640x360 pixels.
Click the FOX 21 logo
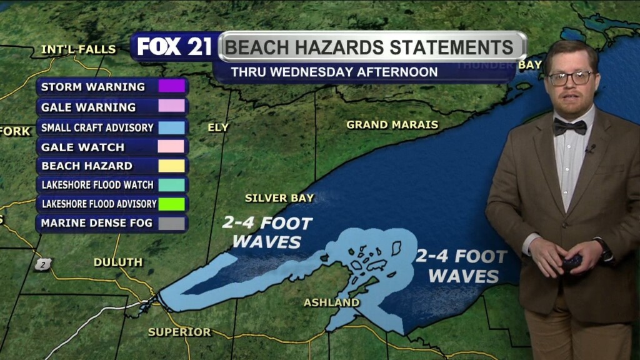coord(174,47)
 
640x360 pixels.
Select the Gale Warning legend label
coord(88,107)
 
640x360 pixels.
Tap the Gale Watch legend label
coord(82,147)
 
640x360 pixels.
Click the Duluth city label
coord(118,262)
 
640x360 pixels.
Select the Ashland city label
coord(331,302)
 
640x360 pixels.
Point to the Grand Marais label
coord(392,124)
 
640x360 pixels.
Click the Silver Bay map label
coord(279,198)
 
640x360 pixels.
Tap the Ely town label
coord(218,127)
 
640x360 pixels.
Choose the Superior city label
coord(179,332)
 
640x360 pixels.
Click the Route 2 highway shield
coord(42,264)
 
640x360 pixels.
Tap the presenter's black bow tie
coord(569,127)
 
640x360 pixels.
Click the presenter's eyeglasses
coord(570,78)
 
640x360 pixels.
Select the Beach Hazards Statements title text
coord(369,47)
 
